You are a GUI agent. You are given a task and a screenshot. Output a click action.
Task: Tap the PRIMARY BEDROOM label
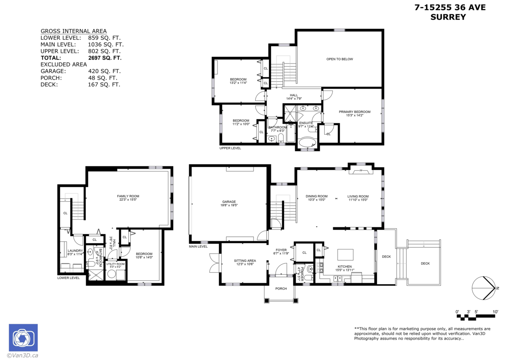tap(354, 112)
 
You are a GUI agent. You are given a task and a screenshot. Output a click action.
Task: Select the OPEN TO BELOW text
tap(339, 59)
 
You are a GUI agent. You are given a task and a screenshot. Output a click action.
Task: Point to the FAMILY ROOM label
tap(128, 196)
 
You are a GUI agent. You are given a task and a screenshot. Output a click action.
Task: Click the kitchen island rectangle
tap(345, 255)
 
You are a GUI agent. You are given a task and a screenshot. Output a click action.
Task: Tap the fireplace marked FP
tap(361, 171)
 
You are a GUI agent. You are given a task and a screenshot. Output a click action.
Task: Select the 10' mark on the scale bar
tap(495, 312)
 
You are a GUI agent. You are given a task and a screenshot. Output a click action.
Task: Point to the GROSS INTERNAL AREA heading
tap(73, 31)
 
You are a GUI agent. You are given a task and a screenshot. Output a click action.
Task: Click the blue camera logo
tap(23, 338)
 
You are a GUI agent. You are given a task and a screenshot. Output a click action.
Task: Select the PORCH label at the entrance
tap(281, 288)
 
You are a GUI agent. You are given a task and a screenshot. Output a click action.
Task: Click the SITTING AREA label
tap(245, 260)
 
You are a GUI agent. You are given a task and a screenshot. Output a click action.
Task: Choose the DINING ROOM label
tap(317, 196)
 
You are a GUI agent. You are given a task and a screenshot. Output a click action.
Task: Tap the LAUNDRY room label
tap(75, 251)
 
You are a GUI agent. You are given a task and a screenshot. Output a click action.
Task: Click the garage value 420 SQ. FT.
tap(104, 71)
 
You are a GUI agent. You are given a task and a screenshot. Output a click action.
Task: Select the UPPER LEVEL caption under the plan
tap(230, 148)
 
